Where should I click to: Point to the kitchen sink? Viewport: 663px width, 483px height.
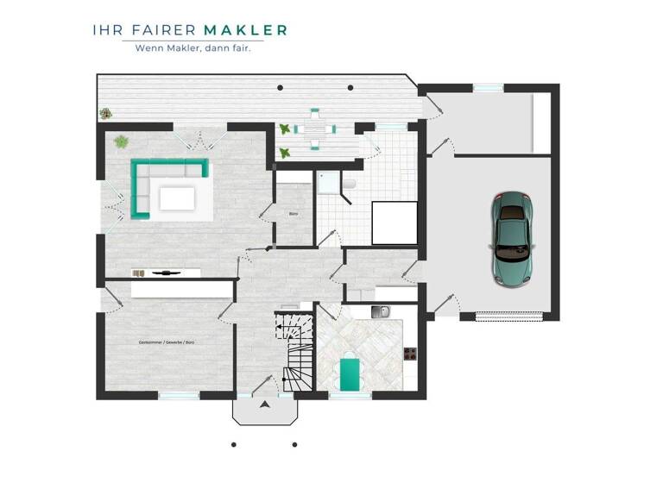(380, 311)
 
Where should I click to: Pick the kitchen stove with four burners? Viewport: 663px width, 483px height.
(410, 353)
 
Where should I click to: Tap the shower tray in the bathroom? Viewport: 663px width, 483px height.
(327, 182)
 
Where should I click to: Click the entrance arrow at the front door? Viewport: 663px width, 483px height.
(263, 403)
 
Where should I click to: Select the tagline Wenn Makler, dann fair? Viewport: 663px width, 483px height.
(193, 48)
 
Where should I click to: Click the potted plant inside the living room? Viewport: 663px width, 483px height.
(122, 141)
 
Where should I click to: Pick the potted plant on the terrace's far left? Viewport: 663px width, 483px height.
(105, 112)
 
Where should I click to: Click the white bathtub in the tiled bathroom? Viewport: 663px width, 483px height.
(394, 223)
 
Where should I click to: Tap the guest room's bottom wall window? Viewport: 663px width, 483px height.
(179, 395)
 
